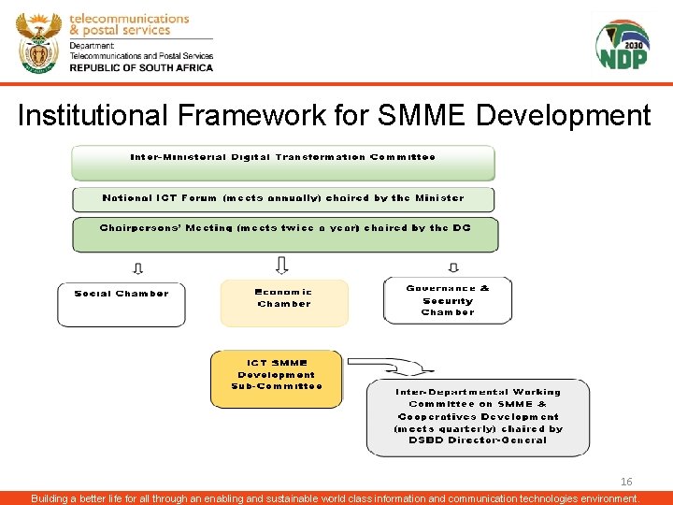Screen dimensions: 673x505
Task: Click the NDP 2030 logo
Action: (622, 44)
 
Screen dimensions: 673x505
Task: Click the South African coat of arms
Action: (38, 42)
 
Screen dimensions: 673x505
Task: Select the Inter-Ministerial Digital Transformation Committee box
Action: (283, 162)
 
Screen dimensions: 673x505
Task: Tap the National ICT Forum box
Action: (283, 198)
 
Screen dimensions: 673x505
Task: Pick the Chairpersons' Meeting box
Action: (285, 234)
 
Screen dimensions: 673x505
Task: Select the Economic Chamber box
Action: (284, 302)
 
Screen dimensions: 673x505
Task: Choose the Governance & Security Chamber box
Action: (448, 300)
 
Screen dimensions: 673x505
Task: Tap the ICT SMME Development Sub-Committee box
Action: (277, 374)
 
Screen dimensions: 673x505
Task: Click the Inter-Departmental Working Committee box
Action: (478, 416)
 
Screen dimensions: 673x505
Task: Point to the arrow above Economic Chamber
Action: (282, 265)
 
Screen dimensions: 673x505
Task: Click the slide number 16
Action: (626, 482)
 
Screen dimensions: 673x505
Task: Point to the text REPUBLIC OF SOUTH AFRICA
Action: (141, 67)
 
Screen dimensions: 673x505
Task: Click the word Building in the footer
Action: (52, 498)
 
